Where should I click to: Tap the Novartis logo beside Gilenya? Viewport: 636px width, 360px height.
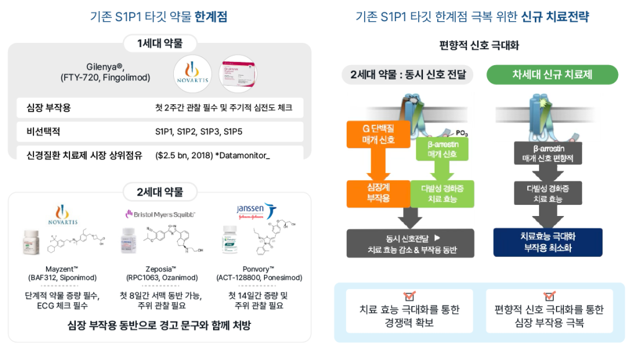click(194, 73)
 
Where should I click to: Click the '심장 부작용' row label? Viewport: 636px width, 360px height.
click(45, 108)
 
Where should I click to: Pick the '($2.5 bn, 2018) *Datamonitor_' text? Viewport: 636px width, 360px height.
click(212, 155)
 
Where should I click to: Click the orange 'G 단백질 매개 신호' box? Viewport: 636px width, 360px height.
click(379, 135)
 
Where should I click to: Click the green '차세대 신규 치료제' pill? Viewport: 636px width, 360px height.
click(552, 75)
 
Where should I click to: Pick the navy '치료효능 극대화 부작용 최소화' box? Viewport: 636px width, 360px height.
click(547, 242)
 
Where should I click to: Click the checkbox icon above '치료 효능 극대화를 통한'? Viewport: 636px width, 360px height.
click(409, 296)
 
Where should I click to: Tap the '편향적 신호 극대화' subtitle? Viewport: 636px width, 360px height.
click(479, 45)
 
